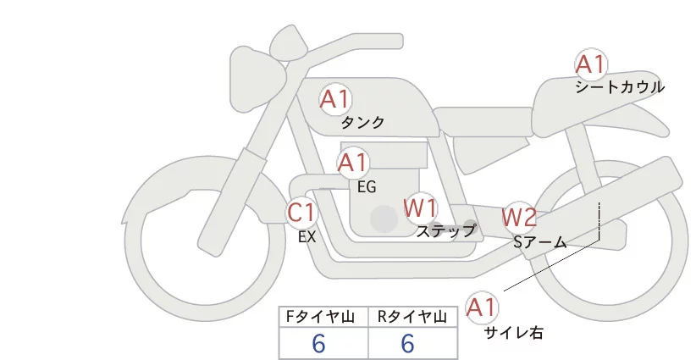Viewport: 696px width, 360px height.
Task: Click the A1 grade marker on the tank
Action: point(334,100)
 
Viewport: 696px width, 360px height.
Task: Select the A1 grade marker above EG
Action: point(352,163)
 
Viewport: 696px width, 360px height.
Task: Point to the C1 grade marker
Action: point(301,213)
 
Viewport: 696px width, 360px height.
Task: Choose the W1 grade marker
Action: point(419,208)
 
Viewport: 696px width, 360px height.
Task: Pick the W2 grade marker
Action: point(518,218)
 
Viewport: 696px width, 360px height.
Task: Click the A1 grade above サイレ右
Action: point(483,307)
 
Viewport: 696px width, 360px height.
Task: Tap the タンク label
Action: point(363,123)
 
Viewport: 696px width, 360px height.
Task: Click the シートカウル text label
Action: point(620,87)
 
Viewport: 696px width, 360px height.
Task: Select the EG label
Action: point(367,186)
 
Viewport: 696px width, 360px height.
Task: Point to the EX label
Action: point(307,237)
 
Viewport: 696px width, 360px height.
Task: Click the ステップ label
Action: point(446,230)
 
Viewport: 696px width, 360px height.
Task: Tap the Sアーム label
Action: point(540,242)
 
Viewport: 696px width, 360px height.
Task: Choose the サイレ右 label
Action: point(513,333)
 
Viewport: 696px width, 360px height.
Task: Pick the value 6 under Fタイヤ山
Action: point(319,344)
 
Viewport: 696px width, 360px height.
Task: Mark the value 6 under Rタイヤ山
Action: point(408,344)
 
